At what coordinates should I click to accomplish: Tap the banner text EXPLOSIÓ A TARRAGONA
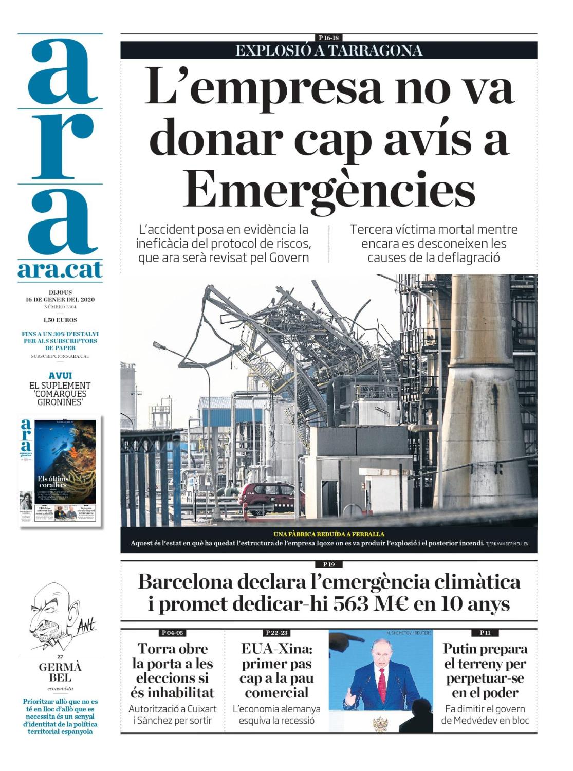(329, 50)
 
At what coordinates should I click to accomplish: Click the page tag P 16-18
(329, 38)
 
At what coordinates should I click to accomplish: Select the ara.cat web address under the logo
(60, 270)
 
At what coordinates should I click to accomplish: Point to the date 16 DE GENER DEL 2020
(60, 299)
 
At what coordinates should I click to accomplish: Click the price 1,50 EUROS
(60, 320)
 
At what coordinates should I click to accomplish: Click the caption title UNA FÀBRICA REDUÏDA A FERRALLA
(329, 534)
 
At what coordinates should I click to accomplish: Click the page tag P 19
(329, 564)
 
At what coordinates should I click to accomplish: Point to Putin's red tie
(382, 678)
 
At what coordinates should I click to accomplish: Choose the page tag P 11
(485, 633)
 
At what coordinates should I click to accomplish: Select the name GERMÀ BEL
(60, 672)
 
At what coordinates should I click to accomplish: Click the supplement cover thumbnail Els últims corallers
(60, 470)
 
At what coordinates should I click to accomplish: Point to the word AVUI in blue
(60, 376)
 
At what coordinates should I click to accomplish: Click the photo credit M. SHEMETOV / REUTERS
(409, 633)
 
